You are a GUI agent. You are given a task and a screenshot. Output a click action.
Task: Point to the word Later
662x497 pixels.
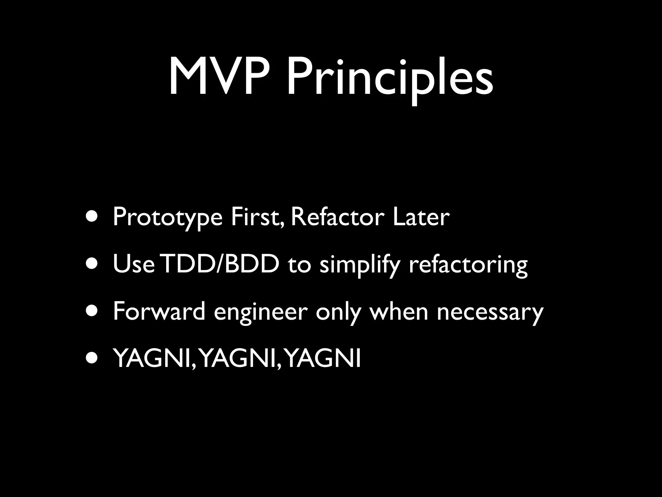pos(421,217)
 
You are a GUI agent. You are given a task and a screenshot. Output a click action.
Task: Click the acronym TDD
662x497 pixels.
pos(188,264)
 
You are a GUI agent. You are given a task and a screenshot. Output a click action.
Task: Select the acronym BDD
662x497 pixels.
pos(251,264)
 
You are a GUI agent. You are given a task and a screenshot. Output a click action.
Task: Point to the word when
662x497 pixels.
pos(399,311)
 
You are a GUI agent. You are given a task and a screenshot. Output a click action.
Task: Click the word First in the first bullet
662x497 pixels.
pos(257,217)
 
